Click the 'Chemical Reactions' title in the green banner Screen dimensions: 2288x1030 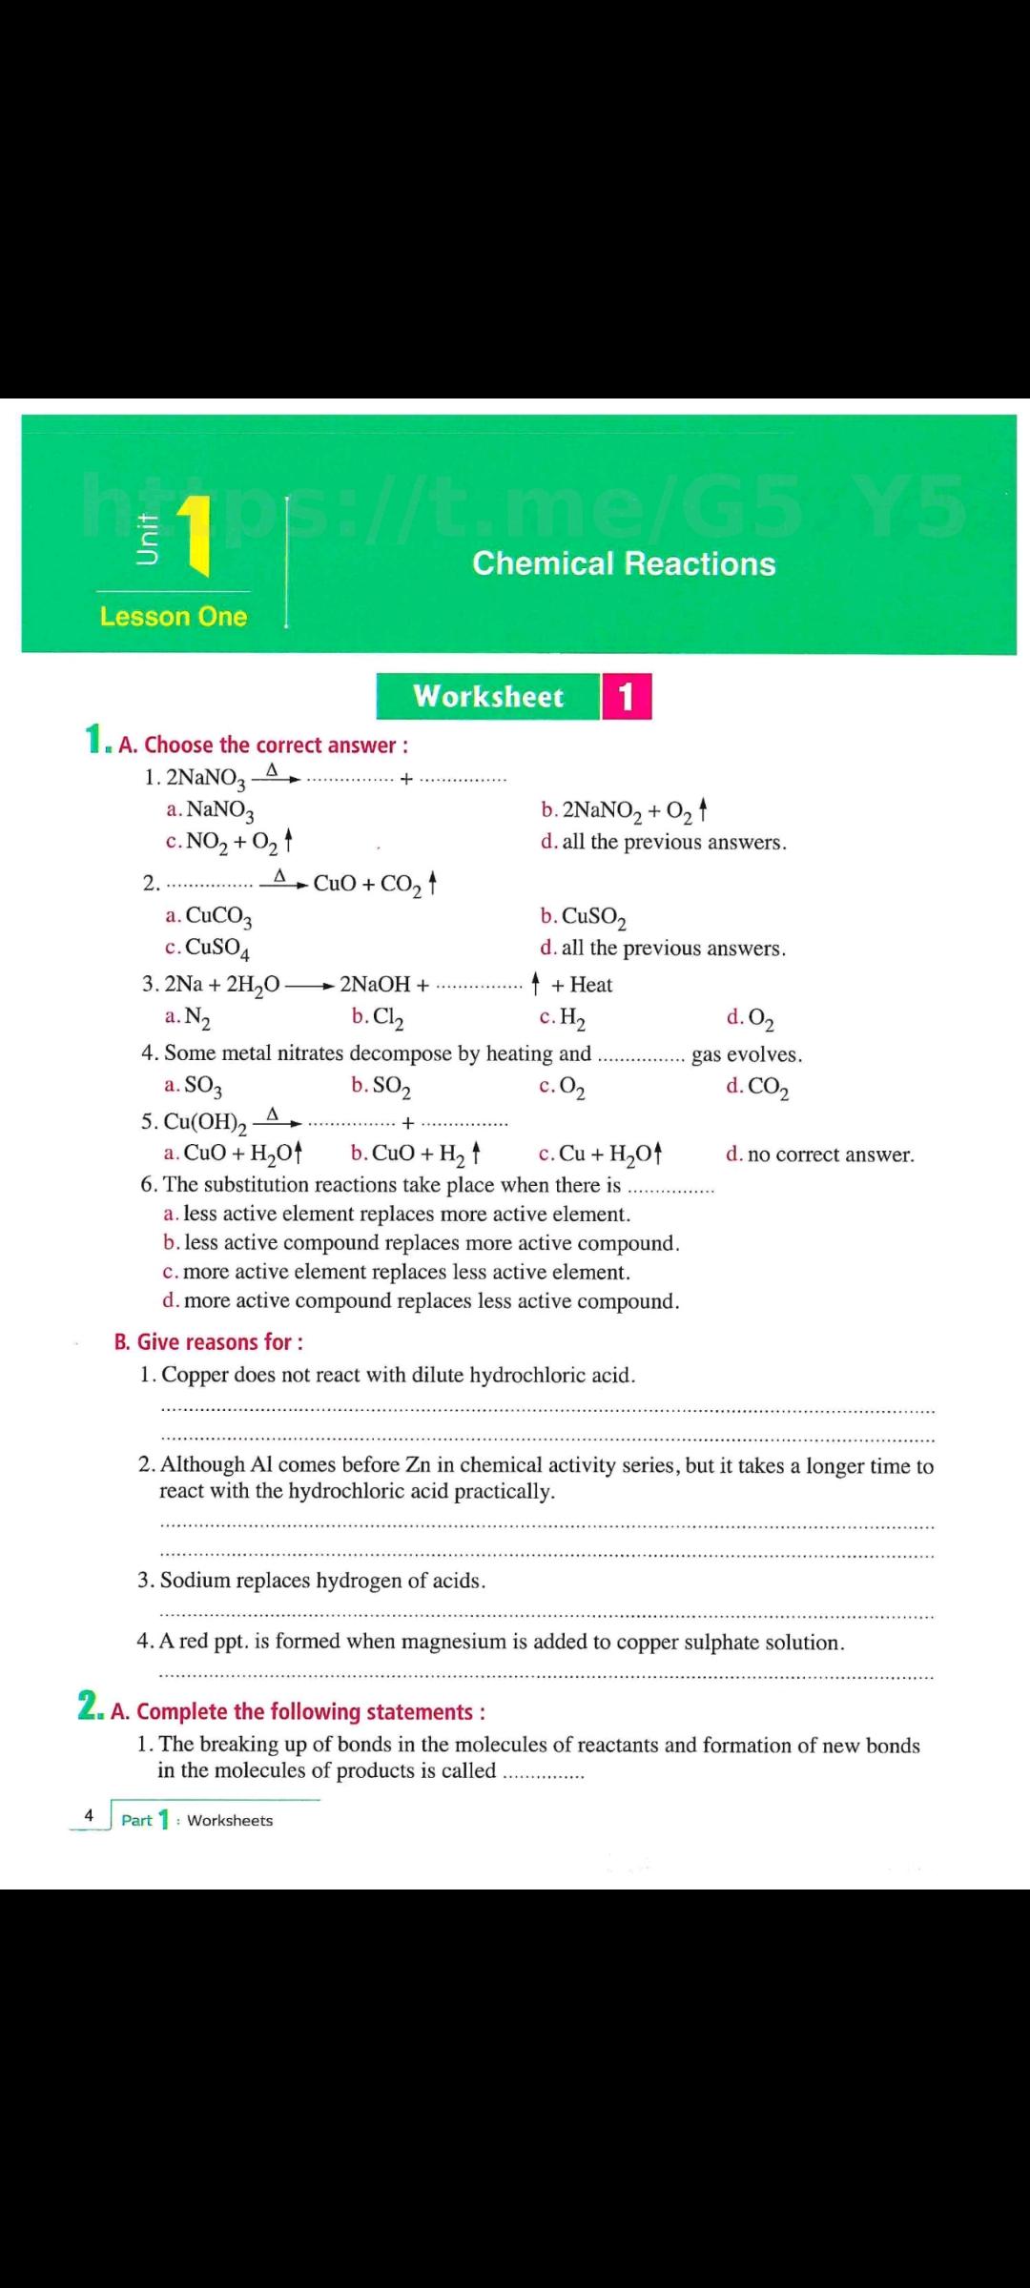[624, 563]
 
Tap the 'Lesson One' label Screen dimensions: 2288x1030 [173, 617]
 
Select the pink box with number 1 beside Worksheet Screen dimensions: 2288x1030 [626, 697]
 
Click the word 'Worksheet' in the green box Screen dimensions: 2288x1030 [488, 697]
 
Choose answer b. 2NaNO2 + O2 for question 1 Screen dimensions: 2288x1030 [624, 811]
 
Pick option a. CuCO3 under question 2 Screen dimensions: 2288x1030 [208, 917]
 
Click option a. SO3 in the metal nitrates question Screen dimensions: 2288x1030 [194, 1086]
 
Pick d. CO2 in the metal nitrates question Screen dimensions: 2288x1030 [757, 1087]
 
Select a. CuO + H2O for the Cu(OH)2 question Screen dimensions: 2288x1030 [234, 1154]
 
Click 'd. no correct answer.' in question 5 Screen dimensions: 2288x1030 [819, 1155]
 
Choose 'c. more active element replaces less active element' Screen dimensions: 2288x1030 [397, 1272]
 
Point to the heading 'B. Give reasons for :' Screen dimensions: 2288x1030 [209, 1342]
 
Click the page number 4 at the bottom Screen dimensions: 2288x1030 [89, 1815]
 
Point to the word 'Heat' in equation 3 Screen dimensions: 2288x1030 [591, 985]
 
